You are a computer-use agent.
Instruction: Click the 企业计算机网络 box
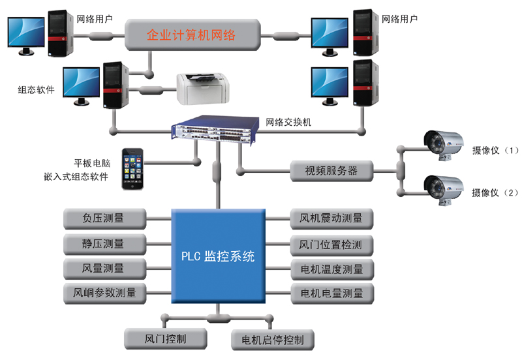[x=192, y=35]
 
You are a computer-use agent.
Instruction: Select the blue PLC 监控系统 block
[x=219, y=256]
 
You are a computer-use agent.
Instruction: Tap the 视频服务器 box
[x=331, y=171]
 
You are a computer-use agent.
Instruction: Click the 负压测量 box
[x=104, y=218]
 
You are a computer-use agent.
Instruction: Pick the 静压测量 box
[x=104, y=244]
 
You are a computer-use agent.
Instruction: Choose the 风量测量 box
[x=104, y=269]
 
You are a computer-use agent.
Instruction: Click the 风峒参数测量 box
[x=104, y=293]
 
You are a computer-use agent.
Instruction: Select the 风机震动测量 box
[x=331, y=218]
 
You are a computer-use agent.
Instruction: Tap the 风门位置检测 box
[x=331, y=245]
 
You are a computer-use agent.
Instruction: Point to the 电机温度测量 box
[x=332, y=269]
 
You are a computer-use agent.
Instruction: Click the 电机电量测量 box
[x=332, y=293]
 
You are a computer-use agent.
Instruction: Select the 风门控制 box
[x=166, y=339]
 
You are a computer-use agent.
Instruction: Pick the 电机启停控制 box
[x=273, y=340]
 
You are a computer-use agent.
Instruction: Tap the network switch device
[x=215, y=129]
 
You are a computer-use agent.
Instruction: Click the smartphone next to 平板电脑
[x=132, y=169]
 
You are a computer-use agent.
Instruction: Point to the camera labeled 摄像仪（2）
[x=443, y=190]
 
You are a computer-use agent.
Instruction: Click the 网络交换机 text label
[x=288, y=123]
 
